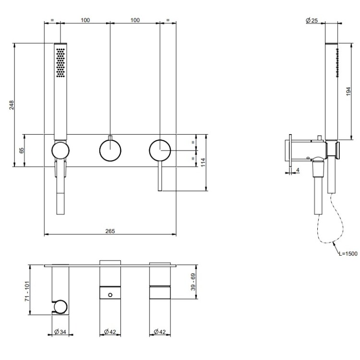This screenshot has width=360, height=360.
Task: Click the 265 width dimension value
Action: [x=110, y=231]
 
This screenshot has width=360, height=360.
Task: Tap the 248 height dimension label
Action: [x=12, y=105]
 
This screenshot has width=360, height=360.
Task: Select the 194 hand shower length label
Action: [x=348, y=91]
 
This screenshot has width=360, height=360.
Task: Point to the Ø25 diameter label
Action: [x=312, y=21]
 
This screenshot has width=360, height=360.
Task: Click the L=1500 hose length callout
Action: [x=348, y=254]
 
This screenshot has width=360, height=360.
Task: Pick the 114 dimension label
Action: [x=203, y=162]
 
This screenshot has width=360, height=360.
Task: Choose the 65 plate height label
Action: [x=21, y=150]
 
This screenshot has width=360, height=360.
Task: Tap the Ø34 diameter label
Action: [x=60, y=332]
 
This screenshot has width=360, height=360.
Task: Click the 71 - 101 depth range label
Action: [x=27, y=291]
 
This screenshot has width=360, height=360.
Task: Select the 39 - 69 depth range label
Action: [x=193, y=282]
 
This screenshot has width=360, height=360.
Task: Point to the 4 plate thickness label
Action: [x=298, y=170]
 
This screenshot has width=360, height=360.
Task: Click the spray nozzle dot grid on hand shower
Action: [x=60, y=62]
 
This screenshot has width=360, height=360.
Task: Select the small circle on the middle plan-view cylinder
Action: [x=110, y=295]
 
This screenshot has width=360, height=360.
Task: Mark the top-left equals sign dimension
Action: [x=52, y=20]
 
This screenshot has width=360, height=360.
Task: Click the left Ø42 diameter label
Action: [x=110, y=332]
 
